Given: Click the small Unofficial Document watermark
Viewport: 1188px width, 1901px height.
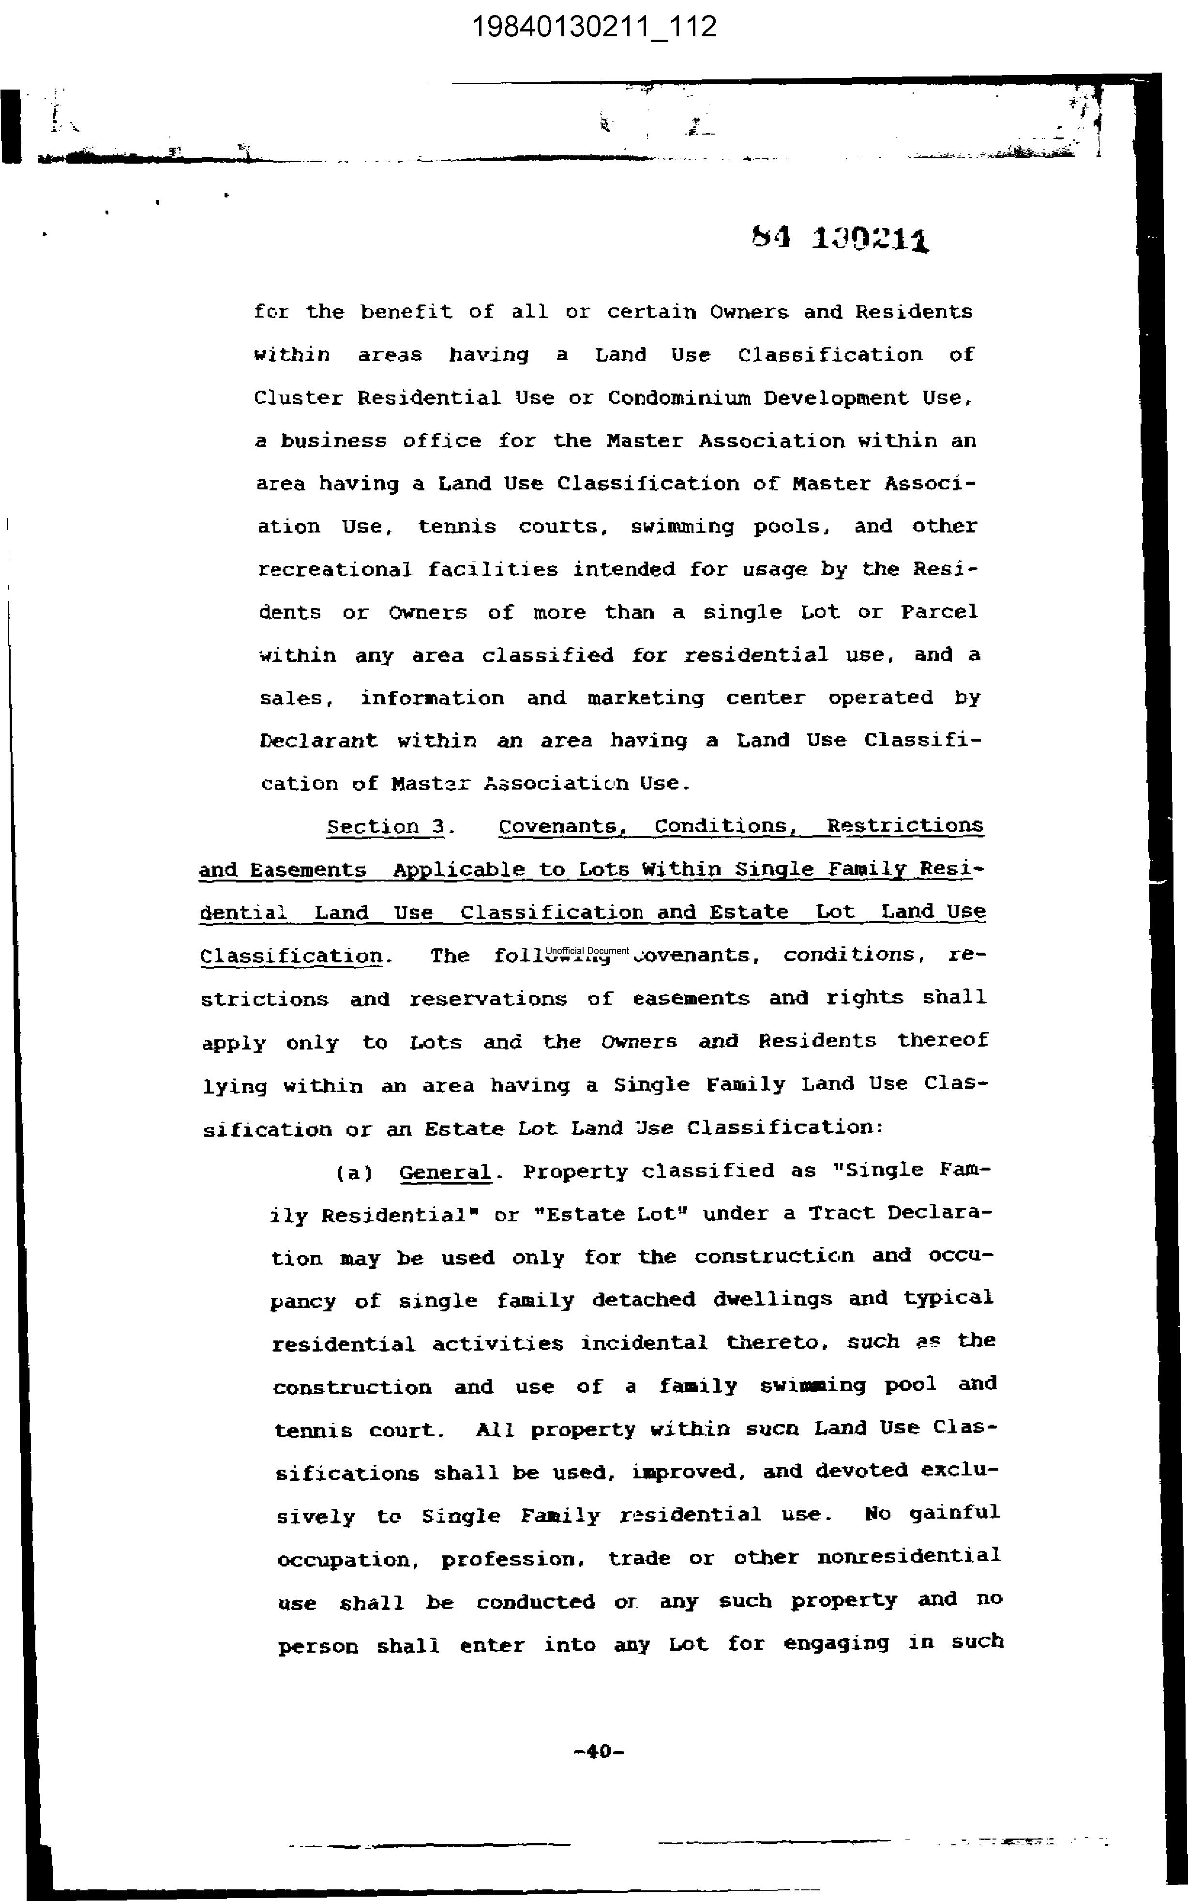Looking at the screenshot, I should (x=588, y=951).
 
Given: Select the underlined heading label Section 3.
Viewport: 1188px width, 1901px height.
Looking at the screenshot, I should (x=390, y=827).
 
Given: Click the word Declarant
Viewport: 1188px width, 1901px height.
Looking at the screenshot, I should (x=318, y=741).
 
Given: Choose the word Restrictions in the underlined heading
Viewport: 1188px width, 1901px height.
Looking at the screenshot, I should (x=904, y=826).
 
